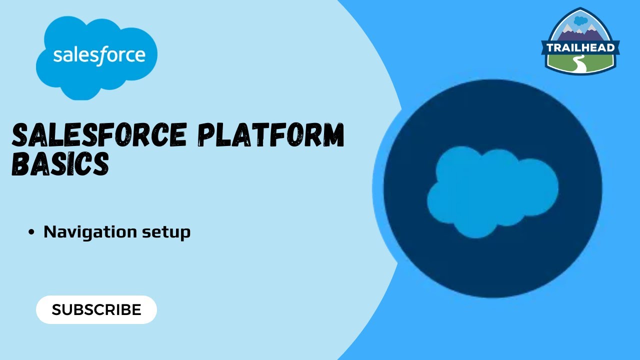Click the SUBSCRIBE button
(96, 309)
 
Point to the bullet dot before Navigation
(32, 232)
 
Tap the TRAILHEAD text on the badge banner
(580, 48)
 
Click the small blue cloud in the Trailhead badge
(580, 20)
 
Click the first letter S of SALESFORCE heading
(20, 135)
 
